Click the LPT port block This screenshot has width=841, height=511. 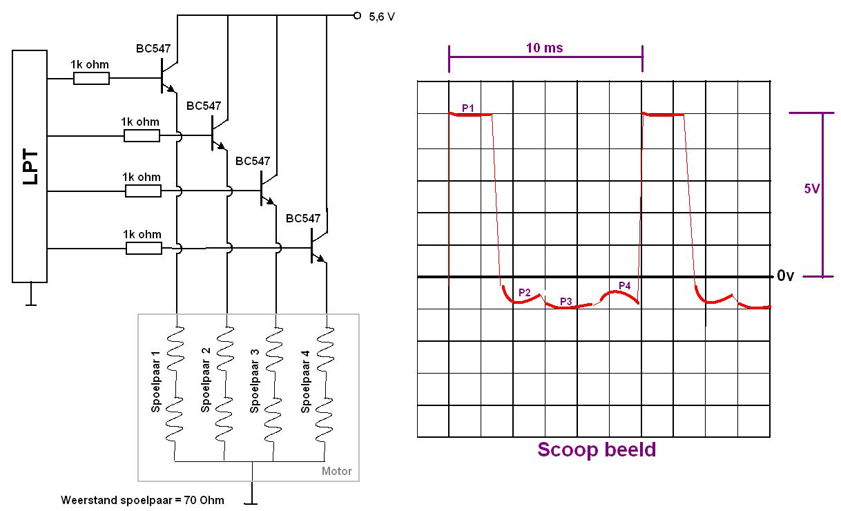(x=30, y=166)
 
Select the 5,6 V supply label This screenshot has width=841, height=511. (x=381, y=17)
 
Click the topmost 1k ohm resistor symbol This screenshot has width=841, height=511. (x=91, y=78)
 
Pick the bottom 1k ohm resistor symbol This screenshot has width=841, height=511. (x=144, y=248)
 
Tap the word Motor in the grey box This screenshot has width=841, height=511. (x=336, y=471)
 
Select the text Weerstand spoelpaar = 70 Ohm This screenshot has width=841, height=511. (x=142, y=499)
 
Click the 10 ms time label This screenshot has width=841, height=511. (x=544, y=48)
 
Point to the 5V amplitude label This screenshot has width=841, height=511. (x=811, y=189)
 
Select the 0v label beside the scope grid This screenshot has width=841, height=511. (x=786, y=276)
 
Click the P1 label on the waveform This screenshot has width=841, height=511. (x=468, y=108)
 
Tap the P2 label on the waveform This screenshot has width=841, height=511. (x=524, y=292)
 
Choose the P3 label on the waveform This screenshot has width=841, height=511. (x=565, y=301)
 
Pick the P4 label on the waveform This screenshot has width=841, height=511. (x=624, y=285)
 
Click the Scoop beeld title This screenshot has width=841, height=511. (x=596, y=450)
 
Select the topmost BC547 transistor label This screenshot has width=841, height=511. (x=153, y=49)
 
